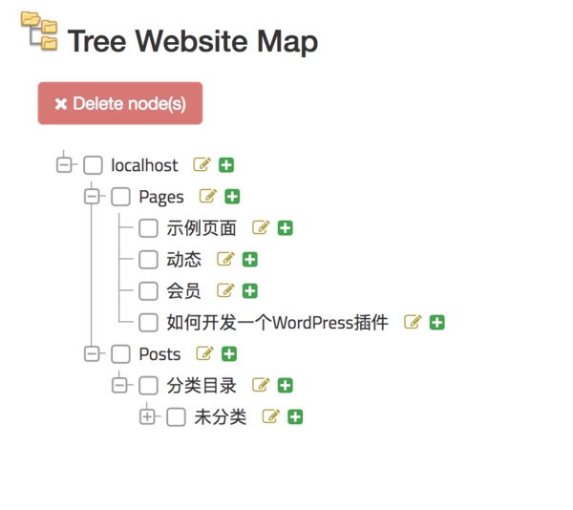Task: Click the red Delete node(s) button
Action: (x=120, y=103)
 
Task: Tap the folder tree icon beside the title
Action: (x=39, y=31)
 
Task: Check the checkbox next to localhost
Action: (x=93, y=165)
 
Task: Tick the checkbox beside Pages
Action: (x=120, y=197)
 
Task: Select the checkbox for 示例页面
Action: (x=148, y=228)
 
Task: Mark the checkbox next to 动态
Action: (x=148, y=259)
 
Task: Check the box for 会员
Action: (x=148, y=290)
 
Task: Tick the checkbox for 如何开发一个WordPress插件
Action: (x=148, y=322)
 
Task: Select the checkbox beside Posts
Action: (x=120, y=353)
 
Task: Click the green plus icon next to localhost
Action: (x=226, y=165)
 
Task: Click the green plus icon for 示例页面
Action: (x=286, y=228)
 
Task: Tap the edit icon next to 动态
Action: (x=225, y=259)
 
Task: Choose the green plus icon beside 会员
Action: (x=250, y=290)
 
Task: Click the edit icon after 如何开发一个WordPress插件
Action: (x=413, y=322)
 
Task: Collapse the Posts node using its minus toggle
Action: (x=93, y=353)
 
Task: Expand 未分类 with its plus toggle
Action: (x=147, y=416)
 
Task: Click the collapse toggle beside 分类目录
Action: (x=119, y=385)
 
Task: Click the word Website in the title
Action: (x=194, y=42)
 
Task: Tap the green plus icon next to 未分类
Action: (x=295, y=416)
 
